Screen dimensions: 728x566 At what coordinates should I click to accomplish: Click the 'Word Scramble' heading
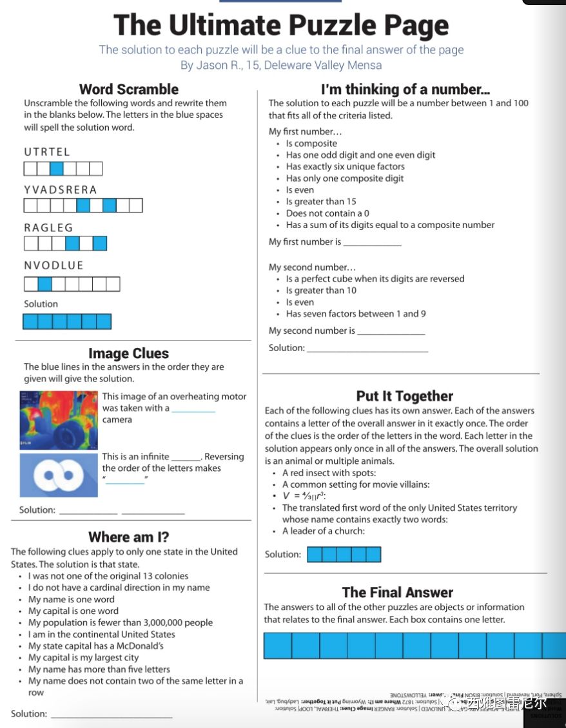[129, 90]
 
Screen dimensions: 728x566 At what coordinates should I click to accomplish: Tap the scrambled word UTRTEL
[47, 152]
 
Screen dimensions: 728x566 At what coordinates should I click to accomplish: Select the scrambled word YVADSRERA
[61, 190]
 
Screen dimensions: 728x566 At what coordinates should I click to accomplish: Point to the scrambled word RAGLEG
[49, 228]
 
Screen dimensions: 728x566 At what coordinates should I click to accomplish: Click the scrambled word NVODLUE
[54, 265]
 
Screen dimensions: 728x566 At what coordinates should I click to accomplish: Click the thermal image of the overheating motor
[59, 420]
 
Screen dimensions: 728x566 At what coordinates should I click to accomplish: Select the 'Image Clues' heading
[128, 354]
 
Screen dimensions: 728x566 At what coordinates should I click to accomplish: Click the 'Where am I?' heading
[128, 537]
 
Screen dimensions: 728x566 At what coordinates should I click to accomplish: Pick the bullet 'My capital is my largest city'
[83, 658]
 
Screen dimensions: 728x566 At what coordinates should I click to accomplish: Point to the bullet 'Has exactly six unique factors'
[345, 167]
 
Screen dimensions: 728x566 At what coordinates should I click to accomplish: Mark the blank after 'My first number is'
[372, 244]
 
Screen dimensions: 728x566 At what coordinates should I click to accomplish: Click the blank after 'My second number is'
[391, 332]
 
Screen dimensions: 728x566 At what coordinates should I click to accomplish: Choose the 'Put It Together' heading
[404, 396]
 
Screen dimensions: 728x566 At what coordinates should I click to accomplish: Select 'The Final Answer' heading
[397, 593]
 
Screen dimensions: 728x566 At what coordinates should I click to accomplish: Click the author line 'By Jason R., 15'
[280, 65]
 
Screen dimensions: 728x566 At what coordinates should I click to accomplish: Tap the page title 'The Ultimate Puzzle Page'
[281, 26]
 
